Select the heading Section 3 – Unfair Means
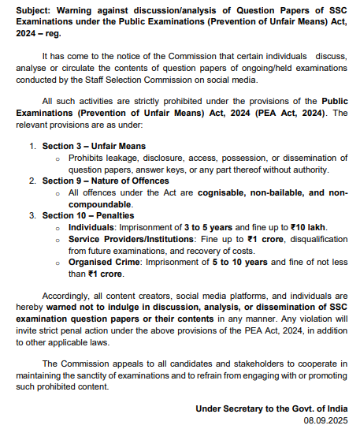pos(93,147)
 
